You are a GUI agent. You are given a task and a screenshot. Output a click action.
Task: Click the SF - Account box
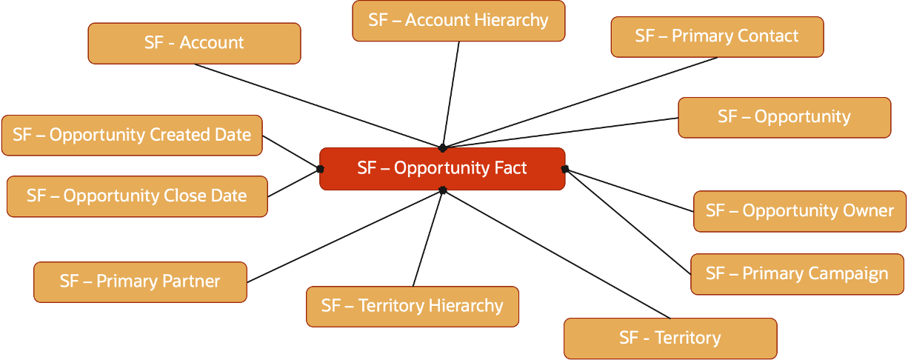[194, 43]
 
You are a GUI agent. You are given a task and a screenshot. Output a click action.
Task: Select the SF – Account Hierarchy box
[458, 21]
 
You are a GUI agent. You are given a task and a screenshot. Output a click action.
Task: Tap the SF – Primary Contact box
[717, 36]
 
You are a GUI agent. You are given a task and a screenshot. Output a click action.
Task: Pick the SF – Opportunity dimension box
[784, 117]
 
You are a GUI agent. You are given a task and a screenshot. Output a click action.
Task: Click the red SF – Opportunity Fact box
[442, 169]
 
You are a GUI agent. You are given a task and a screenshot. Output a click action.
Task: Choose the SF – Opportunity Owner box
[799, 211]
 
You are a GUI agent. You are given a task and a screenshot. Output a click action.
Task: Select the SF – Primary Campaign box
[797, 274]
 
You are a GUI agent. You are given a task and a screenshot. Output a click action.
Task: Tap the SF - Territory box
[670, 339]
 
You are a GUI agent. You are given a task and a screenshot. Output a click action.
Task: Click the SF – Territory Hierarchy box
[413, 306]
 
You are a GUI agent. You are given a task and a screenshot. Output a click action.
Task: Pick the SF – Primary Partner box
[140, 282]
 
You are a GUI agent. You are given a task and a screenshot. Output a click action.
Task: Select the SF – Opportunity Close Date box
[136, 196]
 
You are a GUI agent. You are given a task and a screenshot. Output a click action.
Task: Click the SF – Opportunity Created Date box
[132, 136]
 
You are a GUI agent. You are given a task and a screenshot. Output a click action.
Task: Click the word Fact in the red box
[511, 168]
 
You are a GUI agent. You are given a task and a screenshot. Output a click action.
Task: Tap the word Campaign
[847, 274]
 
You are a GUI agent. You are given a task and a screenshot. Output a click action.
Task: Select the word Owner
[868, 211]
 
